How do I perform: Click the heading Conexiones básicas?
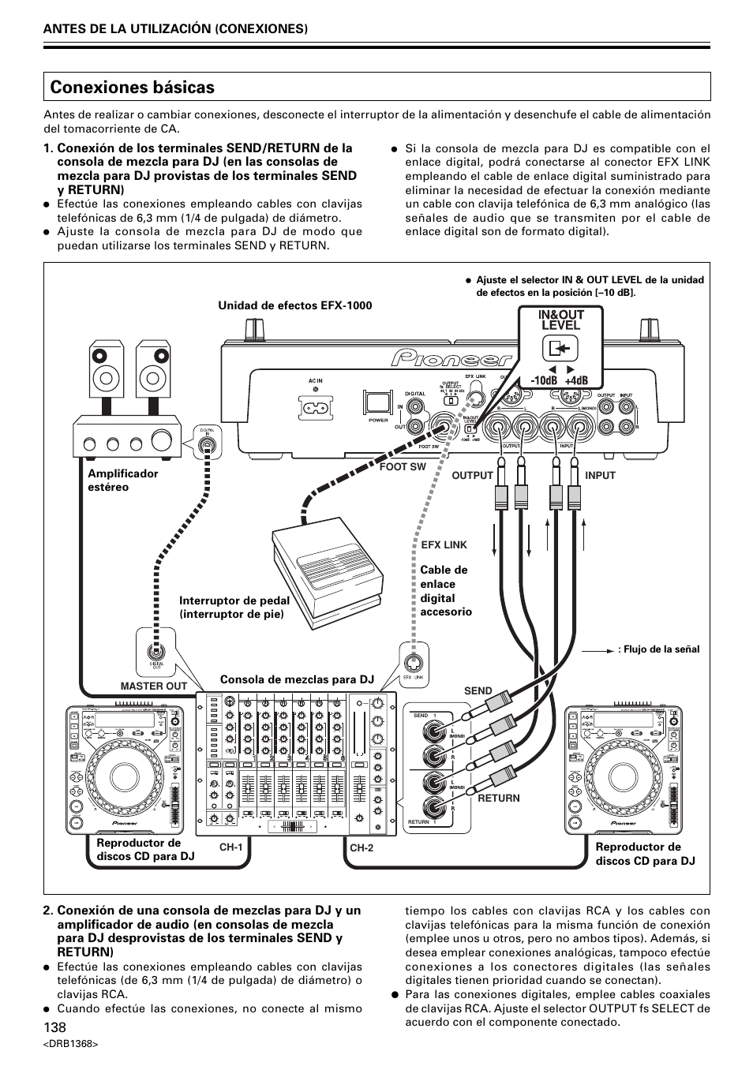coord(132,87)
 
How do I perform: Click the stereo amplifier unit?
coord(126,437)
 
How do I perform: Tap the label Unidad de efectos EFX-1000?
coord(295,305)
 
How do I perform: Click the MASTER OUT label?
coord(153,686)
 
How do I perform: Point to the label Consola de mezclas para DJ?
coord(297,679)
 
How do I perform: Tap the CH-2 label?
coord(361,848)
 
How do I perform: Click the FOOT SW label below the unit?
coord(403,467)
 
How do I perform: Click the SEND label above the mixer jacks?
coord(478,691)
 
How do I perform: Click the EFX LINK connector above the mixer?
coord(414,658)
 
